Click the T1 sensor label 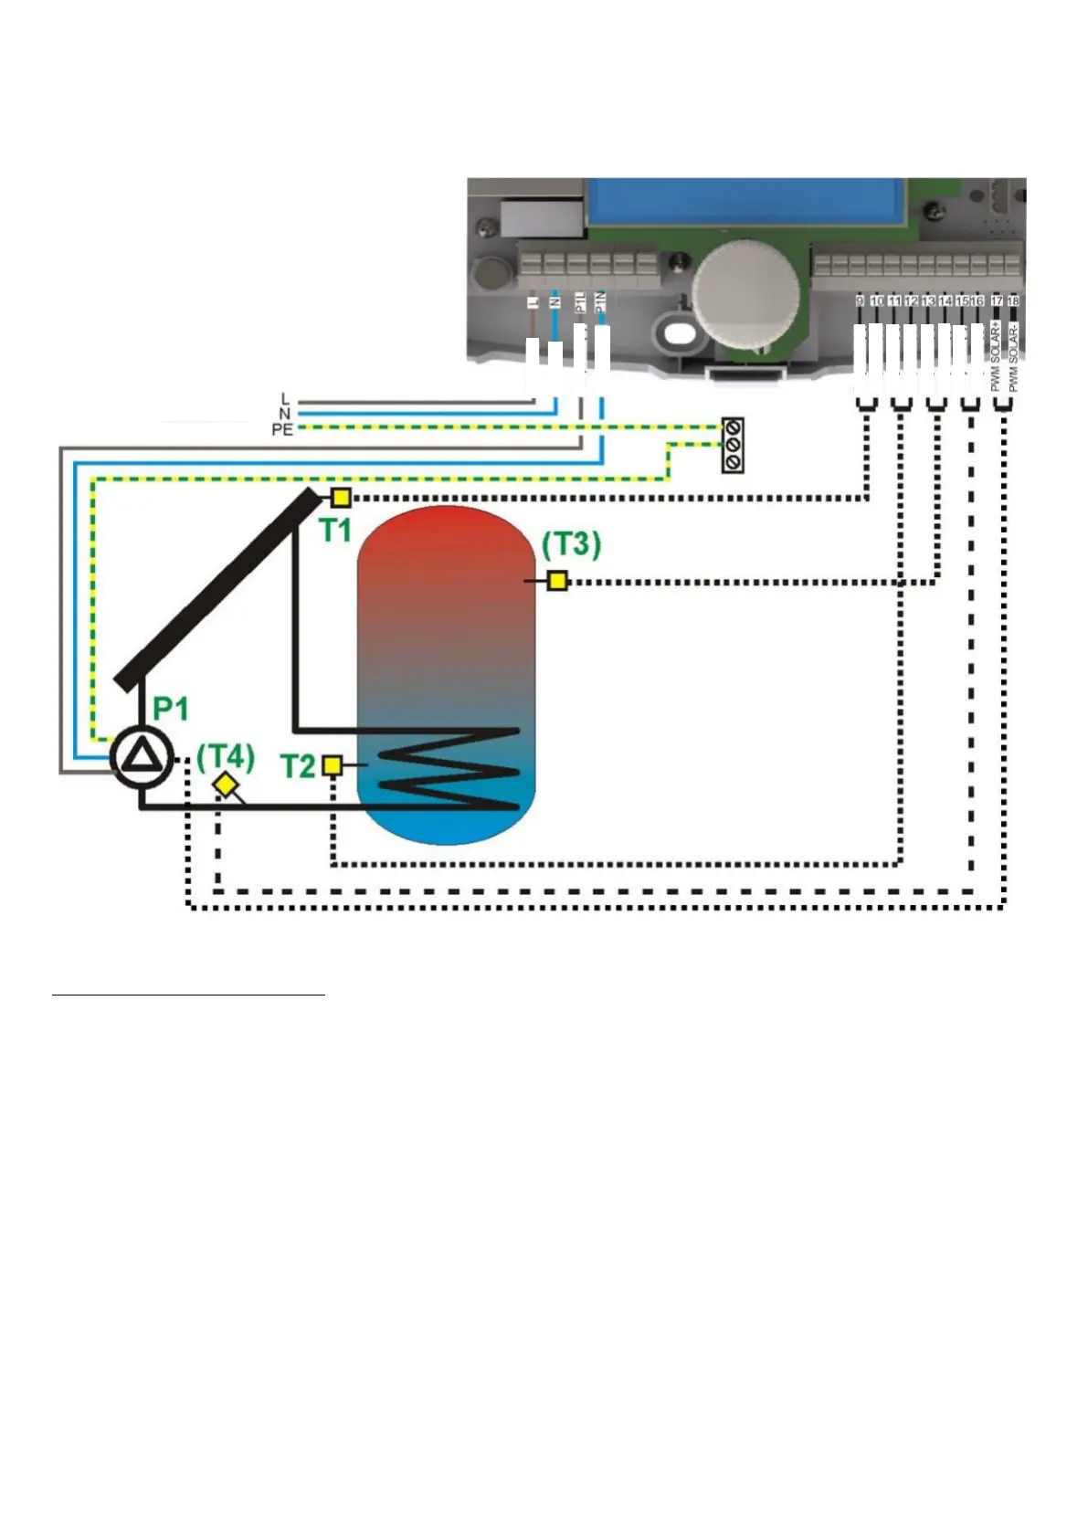[335, 531]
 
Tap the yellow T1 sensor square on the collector [340, 498]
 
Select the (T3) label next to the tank [571, 545]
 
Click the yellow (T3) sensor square [557, 580]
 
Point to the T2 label [298, 766]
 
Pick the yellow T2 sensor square [333, 765]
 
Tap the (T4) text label [225, 756]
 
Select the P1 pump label [171, 709]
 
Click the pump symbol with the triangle [142, 757]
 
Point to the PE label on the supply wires [282, 429]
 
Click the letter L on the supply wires [285, 399]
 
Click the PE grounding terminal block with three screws [733, 446]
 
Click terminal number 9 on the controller [860, 300]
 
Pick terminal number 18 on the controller [1012, 300]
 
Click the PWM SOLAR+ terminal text [996, 356]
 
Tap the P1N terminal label [600, 302]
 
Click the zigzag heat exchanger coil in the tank [448, 769]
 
